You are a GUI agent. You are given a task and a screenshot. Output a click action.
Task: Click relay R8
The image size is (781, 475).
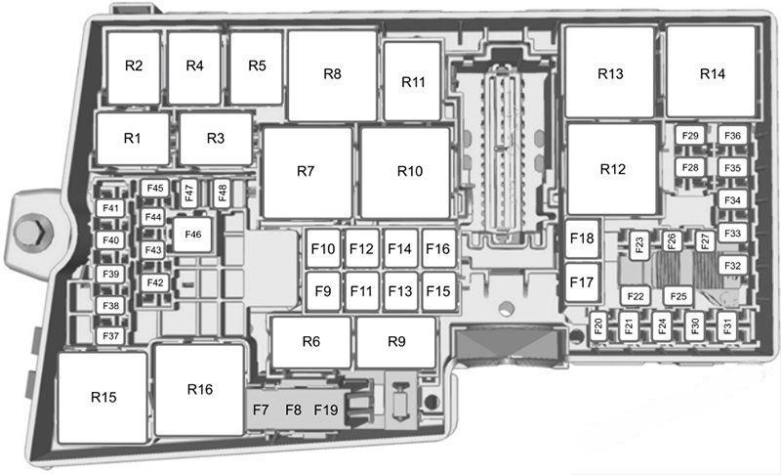click(x=332, y=75)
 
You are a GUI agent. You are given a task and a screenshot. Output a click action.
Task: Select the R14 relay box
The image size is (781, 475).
click(x=712, y=71)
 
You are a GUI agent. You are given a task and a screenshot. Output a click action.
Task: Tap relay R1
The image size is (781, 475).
click(x=133, y=139)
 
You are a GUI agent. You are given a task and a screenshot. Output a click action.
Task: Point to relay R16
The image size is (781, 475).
click(x=200, y=390)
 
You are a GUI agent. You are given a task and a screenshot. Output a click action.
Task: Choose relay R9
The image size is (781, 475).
click(x=396, y=342)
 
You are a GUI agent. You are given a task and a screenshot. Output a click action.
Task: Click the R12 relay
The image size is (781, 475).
click(x=612, y=169)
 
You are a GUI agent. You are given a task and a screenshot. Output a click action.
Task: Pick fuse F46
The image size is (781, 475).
click(x=192, y=235)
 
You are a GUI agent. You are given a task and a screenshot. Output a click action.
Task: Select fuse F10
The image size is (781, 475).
click(x=323, y=248)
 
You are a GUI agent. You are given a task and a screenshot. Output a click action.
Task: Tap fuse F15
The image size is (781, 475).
click(x=438, y=291)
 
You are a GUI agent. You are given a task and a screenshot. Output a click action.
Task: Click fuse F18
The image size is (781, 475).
click(x=582, y=238)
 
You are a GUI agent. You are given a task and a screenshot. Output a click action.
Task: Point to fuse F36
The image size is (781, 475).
click(x=733, y=136)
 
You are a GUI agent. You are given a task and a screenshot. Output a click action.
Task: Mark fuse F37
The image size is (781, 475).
click(x=110, y=336)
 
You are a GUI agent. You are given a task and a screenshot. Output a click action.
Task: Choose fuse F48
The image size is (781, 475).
click(x=223, y=193)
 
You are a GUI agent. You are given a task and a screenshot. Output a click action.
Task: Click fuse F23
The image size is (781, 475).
click(x=639, y=245)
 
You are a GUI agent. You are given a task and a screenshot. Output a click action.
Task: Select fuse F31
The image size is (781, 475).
click(x=727, y=326)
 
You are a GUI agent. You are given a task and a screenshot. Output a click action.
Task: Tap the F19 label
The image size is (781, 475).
click(x=326, y=410)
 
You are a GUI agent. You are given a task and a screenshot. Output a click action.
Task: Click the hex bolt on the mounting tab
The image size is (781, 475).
click(x=33, y=232)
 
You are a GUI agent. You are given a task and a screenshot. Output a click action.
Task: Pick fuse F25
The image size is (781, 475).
click(x=678, y=296)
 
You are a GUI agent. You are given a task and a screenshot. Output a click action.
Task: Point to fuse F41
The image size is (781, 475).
click(x=110, y=208)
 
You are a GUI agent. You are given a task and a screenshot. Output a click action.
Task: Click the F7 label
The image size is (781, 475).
click(x=261, y=410)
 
